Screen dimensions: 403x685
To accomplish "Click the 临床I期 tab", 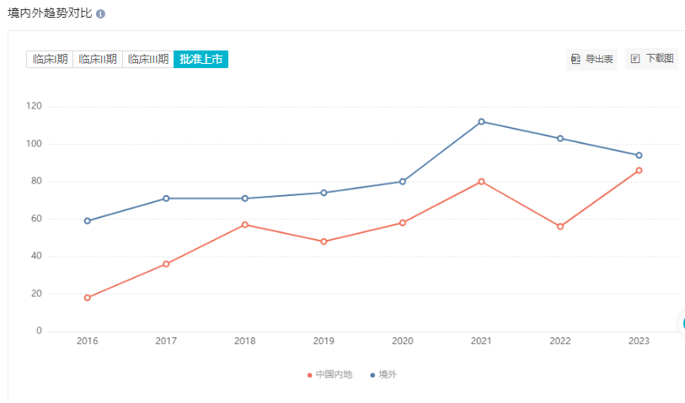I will [x=50, y=59].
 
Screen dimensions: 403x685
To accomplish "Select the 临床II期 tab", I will [x=98, y=59].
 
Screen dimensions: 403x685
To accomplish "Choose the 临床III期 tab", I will [x=148, y=59].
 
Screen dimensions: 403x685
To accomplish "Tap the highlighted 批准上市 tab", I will [x=201, y=59].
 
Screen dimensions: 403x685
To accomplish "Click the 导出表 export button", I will [x=592, y=59].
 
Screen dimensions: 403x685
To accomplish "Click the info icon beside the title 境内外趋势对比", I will [x=101, y=15].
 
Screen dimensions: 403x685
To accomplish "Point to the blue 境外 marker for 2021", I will [x=481, y=122].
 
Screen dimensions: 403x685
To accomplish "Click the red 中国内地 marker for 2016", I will [x=87, y=298].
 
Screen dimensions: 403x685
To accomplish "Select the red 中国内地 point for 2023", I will [x=639, y=170].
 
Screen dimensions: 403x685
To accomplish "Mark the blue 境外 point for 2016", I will [x=87, y=221].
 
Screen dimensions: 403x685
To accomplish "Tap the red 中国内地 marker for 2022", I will [x=559, y=226].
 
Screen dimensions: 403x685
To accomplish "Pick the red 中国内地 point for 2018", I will [x=244, y=225].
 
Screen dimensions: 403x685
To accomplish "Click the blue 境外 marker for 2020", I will [x=403, y=182].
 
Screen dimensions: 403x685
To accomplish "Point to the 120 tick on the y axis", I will [x=34, y=106].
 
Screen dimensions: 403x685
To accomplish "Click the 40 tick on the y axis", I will [x=36, y=257].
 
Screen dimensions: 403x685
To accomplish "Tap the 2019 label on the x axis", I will [x=324, y=342].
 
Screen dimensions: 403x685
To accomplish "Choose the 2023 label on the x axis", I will [x=639, y=342].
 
